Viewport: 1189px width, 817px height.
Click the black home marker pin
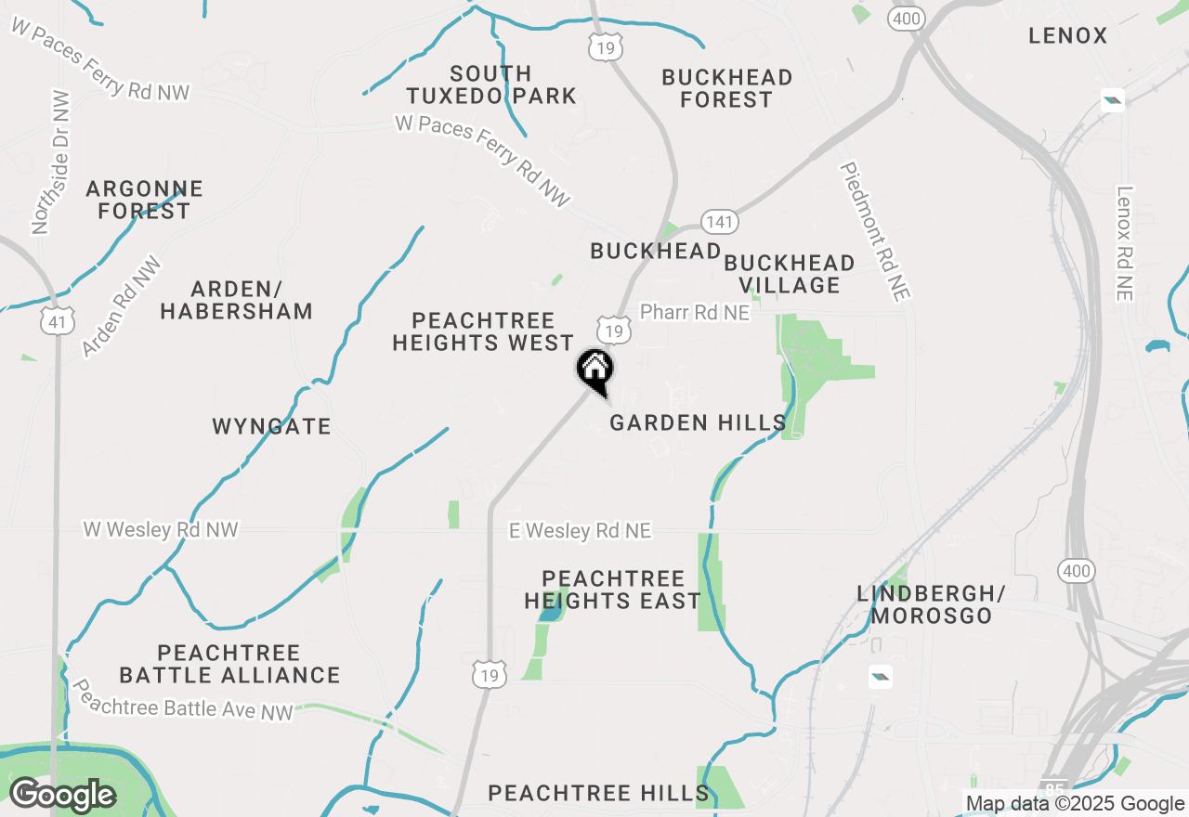click(594, 370)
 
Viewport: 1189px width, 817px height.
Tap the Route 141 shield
click(720, 223)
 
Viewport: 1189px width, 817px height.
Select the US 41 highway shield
click(58, 321)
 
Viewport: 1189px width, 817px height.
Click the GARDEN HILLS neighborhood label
click(699, 423)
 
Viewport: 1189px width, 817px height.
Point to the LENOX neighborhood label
click(1068, 36)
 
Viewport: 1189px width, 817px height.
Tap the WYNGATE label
click(271, 427)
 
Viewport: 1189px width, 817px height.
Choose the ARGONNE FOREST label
click(144, 201)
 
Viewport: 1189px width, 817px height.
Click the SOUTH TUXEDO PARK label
click(491, 84)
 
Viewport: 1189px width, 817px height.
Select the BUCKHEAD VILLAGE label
click(789, 274)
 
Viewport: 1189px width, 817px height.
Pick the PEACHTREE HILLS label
click(599, 793)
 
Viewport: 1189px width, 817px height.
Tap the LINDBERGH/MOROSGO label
click(932, 604)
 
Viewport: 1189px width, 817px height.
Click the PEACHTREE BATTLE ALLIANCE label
click(229, 664)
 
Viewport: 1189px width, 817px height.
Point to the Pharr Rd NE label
click(695, 313)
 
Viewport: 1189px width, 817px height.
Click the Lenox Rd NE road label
click(1125, 243)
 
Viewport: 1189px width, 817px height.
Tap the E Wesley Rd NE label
click(581, 531)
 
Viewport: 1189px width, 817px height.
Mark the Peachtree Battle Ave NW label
click(183, 701)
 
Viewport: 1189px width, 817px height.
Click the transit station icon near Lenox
click(1112, 100)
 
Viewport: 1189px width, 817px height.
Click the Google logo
click(62, 796)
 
